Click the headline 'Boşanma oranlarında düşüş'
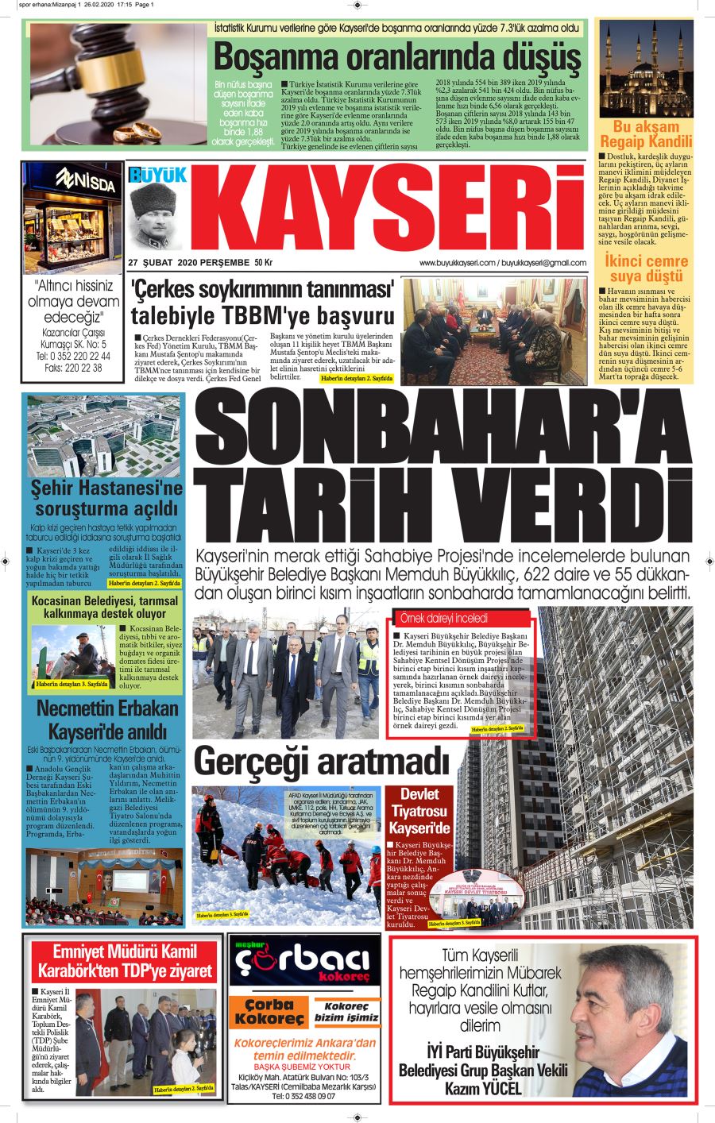(396, 56)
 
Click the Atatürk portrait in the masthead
(156, 218)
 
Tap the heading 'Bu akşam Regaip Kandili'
(645, 134)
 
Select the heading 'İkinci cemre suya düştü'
(646, 268)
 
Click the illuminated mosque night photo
(645, 68)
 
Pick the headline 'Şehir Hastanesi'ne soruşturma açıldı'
(106, 497)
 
